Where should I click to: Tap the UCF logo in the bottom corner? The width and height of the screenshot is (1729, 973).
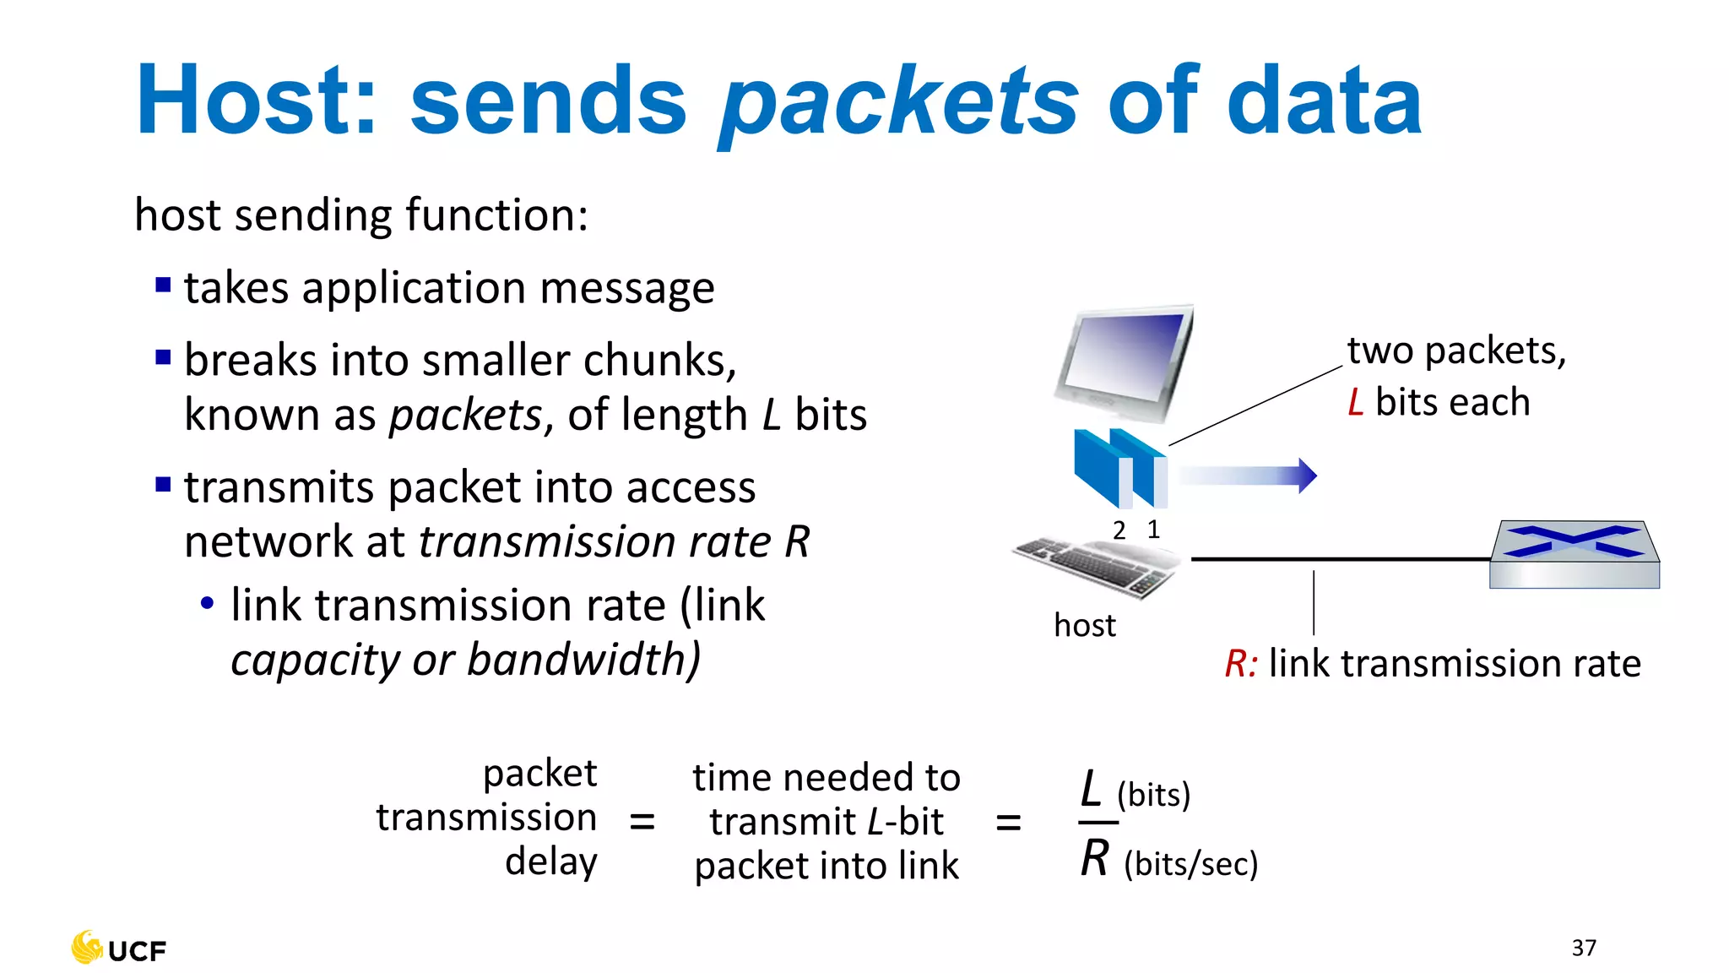pos(119,949)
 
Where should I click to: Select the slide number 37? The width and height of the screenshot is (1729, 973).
pos(1584,948)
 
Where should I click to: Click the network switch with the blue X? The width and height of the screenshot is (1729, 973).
pos(1575,554)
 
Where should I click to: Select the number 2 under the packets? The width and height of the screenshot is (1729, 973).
pos(1119,530)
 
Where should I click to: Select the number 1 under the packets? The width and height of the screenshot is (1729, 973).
pos(1153,530)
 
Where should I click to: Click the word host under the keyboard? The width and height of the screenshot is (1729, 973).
pos(1084,626)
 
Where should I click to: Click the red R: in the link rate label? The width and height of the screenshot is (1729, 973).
pos(1241,664)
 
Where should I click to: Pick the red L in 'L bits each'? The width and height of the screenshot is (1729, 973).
pos(1356,402)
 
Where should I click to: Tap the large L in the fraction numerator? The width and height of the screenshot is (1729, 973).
pos(1092,789)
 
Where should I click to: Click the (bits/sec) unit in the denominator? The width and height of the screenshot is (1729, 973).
pos(1190,864)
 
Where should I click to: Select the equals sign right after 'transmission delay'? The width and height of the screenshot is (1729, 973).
pos(642,820)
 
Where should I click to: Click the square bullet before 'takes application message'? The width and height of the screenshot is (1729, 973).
pos(164,285)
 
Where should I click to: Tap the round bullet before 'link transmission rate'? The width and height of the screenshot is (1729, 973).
pos(207,603)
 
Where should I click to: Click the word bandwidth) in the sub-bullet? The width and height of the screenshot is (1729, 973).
pos(583,660)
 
